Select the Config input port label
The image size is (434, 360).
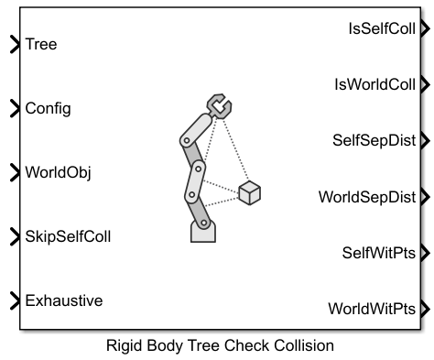point(48,108)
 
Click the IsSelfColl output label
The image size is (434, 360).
point(379,30)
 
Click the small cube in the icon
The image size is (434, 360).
point(249,193)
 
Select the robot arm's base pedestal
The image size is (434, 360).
point(202,230)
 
